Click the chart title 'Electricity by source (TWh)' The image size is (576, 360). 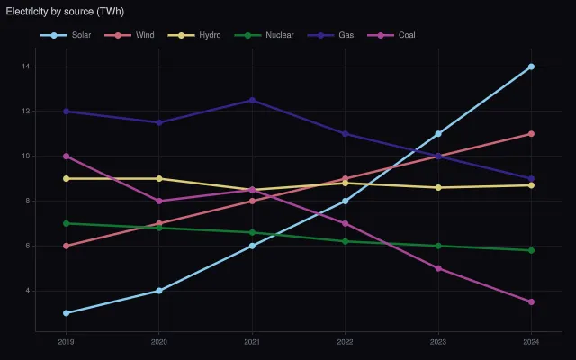coord(65,12)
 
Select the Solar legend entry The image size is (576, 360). coord(66,35)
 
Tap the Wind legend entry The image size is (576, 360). coord(130,35)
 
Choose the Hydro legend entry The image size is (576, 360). coord(194,35)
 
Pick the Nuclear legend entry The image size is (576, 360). coord(264,35)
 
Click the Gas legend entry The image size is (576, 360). coord(330,35)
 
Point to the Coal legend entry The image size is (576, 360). coord(391,35)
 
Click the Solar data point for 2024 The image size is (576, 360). coord(531,67)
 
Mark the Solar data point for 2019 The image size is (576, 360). coord(66,313)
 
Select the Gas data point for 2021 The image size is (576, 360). coord(252,100)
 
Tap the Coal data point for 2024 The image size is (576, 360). coord(531,302)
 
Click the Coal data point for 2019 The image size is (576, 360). coord(66,156)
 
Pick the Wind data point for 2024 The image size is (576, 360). coord(531,134)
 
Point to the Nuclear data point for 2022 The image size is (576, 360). coord(345,241)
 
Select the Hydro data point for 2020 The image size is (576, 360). coord(159,178)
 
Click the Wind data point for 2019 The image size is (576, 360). coord(66,246)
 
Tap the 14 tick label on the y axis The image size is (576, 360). coord(26,67)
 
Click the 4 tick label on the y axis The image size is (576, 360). coord(28,291)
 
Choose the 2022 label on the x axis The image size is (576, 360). coord(345,342)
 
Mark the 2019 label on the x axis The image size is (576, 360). coord(66,342)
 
